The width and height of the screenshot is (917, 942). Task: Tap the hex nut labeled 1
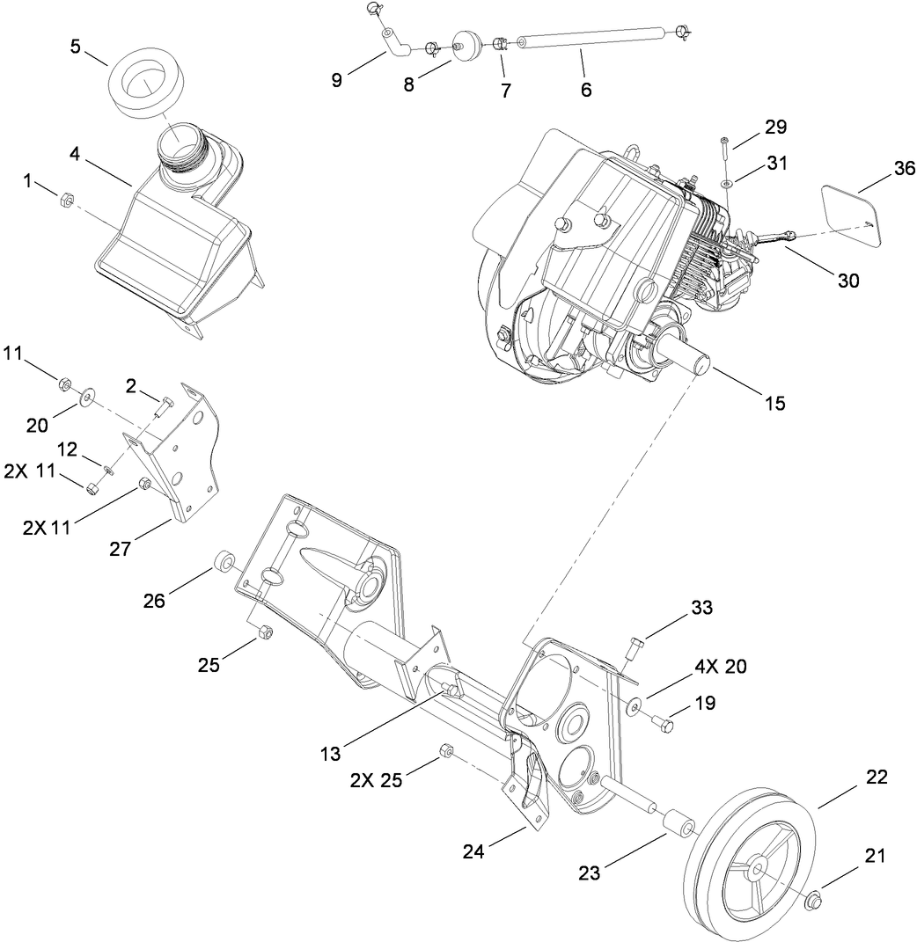pos(63,201)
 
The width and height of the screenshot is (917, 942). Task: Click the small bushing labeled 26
pos(225,560)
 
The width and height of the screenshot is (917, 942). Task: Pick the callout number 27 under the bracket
pos(120,549)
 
